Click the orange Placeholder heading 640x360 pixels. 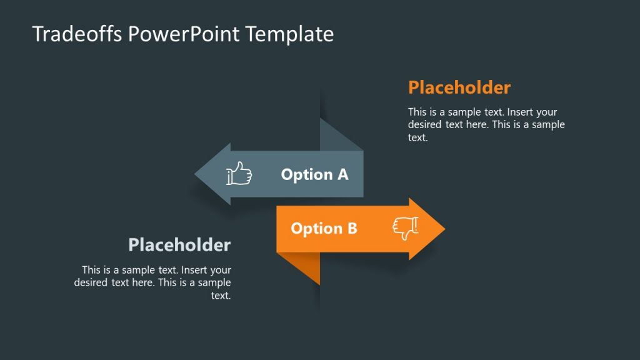(x=459, y=87)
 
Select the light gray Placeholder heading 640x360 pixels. (x=179, y=245)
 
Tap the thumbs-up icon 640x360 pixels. (x=238, y=174)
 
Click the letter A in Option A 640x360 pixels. (x=342, y=174)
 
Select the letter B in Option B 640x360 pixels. (x=352, y=229)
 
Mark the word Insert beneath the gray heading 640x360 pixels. (x=194, y=271)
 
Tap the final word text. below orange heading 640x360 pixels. (x=417, y=137)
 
